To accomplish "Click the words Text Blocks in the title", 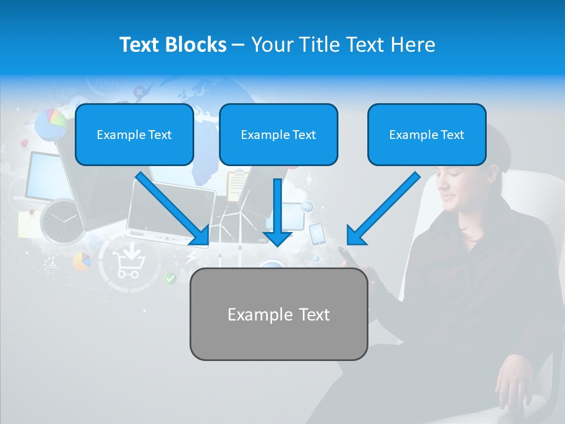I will (172, 45).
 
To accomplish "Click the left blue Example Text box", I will (134, 134).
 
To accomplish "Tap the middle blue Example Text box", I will (278, 134).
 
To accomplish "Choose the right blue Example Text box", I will (427, 134).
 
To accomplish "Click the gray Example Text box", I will (278, 314).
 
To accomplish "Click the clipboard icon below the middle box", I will (237, 185).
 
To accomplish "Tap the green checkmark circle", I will (170, 279).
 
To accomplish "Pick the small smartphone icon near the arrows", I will (317, 234).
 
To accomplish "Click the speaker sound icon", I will (307, 207).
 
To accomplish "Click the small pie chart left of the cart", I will (82, 261).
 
